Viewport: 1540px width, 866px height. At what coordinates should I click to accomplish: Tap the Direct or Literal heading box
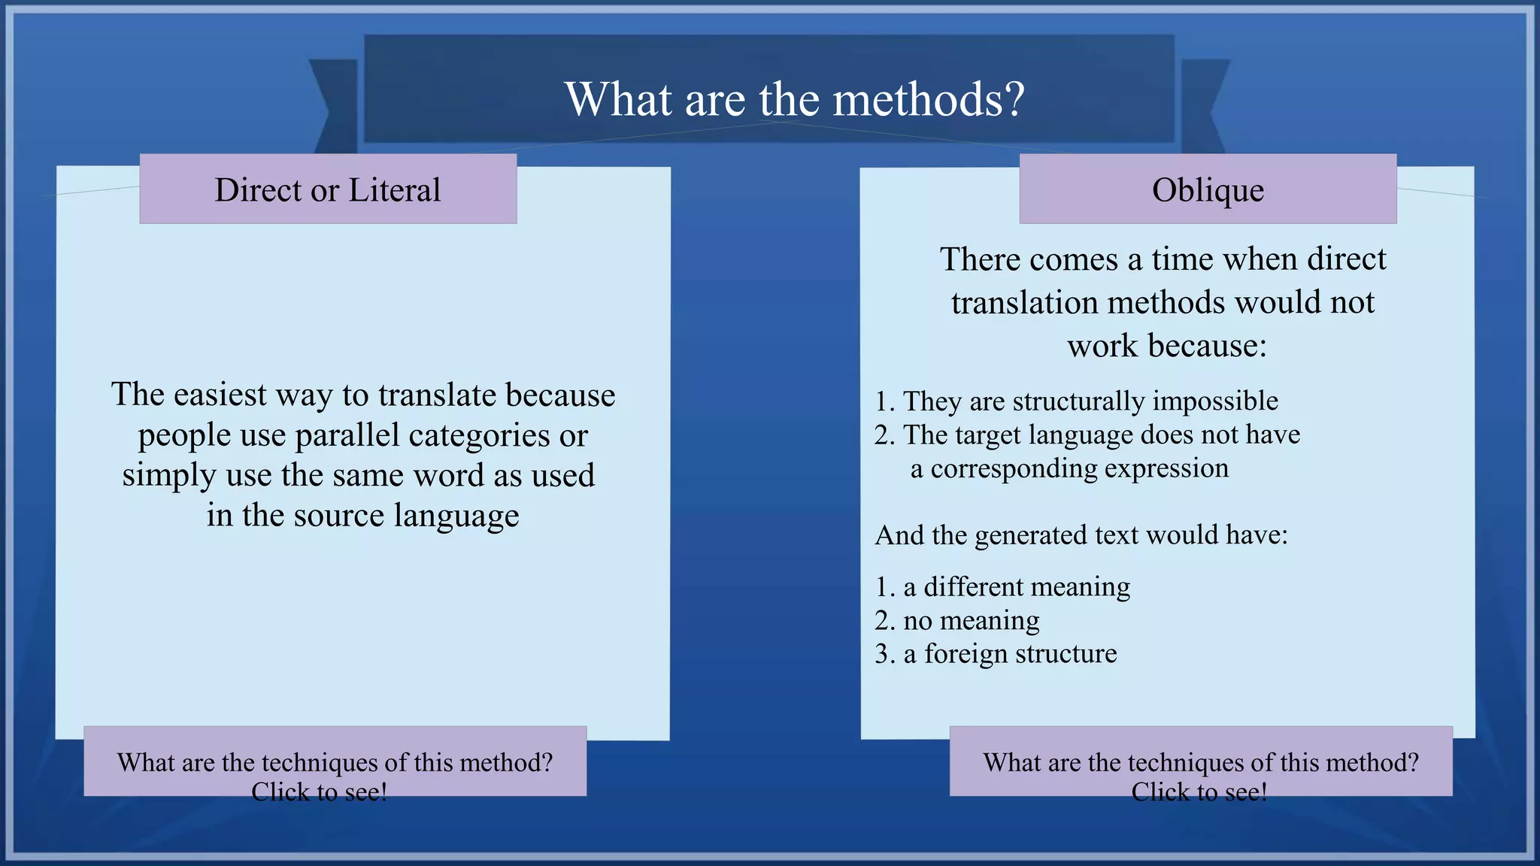328,189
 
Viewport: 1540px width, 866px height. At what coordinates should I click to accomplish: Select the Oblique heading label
1208,189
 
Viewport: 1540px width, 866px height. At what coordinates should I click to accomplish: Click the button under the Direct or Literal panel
335,762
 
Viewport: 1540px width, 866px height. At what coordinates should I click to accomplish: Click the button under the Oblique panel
1201,762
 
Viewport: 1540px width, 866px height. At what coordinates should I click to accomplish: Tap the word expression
1166,468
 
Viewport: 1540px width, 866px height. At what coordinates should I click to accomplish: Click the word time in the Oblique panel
1182,259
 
